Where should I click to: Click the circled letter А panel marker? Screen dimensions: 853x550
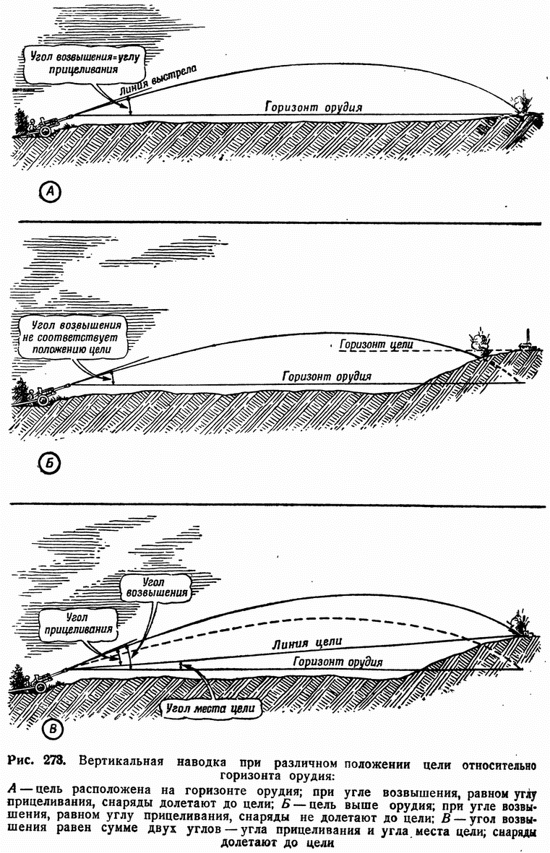pos(51,191)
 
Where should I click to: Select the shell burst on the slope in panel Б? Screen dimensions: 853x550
pos(478,343)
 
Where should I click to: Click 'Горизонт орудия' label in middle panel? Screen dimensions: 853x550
pos(327,376)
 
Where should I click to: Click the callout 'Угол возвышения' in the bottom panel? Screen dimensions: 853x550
pos(155,586)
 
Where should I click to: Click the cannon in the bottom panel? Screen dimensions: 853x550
pos(43,680)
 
